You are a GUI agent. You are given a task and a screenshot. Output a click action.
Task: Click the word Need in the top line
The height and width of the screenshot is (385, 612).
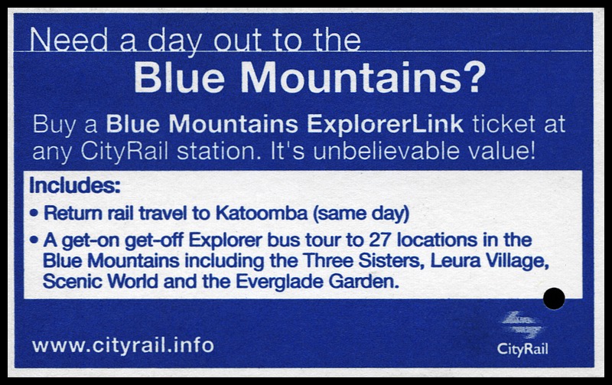click(x=69, y=40)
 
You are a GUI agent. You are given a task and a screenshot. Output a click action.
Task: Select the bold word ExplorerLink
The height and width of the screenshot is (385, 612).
click(x=385, y=125)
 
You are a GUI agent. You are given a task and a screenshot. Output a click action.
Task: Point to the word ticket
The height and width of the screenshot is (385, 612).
click(x=504, y=125)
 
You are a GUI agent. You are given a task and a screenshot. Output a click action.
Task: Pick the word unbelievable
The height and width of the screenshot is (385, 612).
click(x=386, y=151)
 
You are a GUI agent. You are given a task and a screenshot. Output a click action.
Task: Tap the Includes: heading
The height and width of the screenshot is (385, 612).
click(x=74, y=185)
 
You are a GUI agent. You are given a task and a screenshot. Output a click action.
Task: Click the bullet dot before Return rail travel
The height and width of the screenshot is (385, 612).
click(x=34, y=214)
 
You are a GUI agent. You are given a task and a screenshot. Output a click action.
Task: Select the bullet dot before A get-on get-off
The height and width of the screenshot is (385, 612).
click(x=34, y=240)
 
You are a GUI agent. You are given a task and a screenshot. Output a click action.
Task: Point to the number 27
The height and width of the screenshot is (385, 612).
click(x=379, y=240)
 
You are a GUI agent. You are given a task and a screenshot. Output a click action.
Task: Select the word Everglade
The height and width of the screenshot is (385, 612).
click(x=279, y=282)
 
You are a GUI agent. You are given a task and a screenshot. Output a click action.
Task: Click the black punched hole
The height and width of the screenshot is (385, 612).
click(x=554, y=299)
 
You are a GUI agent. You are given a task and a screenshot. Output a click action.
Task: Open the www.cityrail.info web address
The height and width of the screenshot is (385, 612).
click(x=123, y=345)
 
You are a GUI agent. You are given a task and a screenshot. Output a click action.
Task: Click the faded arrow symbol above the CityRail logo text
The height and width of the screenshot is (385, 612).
click(x=522, y=324)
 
